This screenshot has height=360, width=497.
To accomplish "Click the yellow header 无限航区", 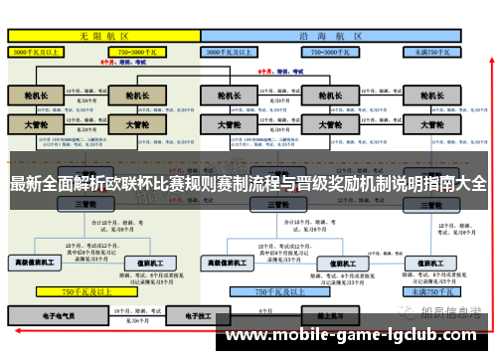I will (x=100, y=34).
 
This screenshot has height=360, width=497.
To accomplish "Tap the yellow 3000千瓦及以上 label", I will (x=37, y=50).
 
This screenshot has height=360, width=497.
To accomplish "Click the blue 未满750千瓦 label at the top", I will (x=432, y=50).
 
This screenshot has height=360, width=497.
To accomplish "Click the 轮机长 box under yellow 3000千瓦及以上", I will (x=35, y=95).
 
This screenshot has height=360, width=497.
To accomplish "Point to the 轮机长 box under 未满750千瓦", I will (x=430, y=95).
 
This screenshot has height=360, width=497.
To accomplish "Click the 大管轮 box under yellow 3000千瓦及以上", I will (x=35, y=126).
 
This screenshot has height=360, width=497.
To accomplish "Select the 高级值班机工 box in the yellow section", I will (x=36, y=263).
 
